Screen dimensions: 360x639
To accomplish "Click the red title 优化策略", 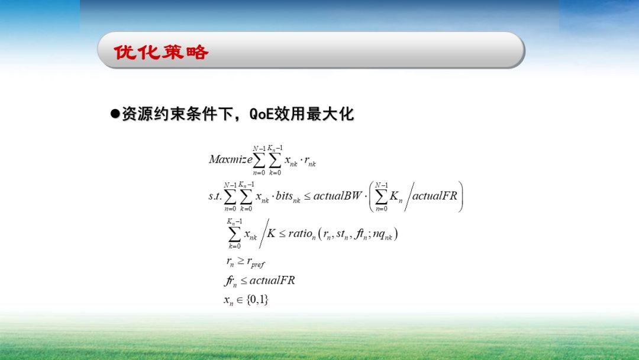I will (161, 52).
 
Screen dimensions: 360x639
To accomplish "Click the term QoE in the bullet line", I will (263, 114).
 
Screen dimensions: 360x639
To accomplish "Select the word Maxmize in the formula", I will (230, 159).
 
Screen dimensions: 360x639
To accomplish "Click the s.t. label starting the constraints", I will (215, 196).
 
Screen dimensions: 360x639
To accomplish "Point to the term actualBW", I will (337, 196).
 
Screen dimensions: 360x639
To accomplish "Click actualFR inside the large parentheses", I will (435, 196).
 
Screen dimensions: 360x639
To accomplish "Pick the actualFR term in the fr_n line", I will (272, 280).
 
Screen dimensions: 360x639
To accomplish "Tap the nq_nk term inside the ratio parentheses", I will (383, 234).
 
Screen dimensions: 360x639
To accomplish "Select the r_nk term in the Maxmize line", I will (310, 160).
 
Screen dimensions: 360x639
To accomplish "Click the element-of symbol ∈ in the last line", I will (240, 300).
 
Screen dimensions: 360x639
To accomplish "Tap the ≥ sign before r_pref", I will (240, 261).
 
